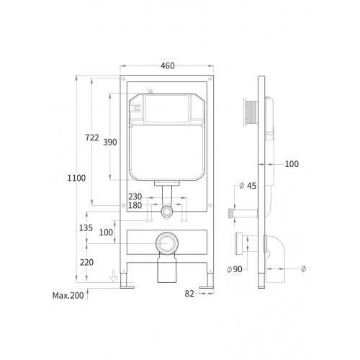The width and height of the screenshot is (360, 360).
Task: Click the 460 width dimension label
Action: (x=168, y=66)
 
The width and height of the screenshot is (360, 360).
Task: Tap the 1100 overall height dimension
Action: (x=76, y=178)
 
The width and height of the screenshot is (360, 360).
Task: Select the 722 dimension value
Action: (x=92, y=138)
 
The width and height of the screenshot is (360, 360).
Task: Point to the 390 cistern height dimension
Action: (x=110, y=143)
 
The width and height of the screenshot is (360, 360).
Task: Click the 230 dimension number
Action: (x=135, y=197)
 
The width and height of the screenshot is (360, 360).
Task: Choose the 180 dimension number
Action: (x=135, y=205)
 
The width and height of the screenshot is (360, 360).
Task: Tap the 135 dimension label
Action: (x=86, y=228)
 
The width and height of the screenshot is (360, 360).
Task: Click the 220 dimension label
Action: (x=86, y=262)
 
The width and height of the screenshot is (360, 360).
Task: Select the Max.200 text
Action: (x=68, y=295)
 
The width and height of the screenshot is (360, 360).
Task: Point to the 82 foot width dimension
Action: (x=189, y=294)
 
